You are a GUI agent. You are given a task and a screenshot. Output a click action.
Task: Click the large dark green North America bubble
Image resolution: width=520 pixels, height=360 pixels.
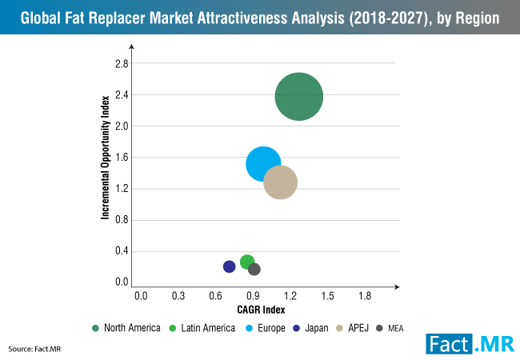298,97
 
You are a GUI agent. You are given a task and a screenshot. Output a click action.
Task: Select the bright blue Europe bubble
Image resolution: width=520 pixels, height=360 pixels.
263,164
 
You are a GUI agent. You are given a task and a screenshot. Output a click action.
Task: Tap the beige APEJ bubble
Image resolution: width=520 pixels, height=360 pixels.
281,182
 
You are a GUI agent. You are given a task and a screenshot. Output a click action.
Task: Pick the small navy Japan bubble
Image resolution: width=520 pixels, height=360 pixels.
230,266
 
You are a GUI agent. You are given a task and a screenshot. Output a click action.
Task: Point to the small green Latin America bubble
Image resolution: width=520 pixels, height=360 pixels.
247,262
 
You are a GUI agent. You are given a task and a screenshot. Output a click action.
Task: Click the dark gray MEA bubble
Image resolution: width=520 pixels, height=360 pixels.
254,269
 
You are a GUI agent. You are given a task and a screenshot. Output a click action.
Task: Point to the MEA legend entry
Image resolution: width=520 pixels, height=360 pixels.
396,327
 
